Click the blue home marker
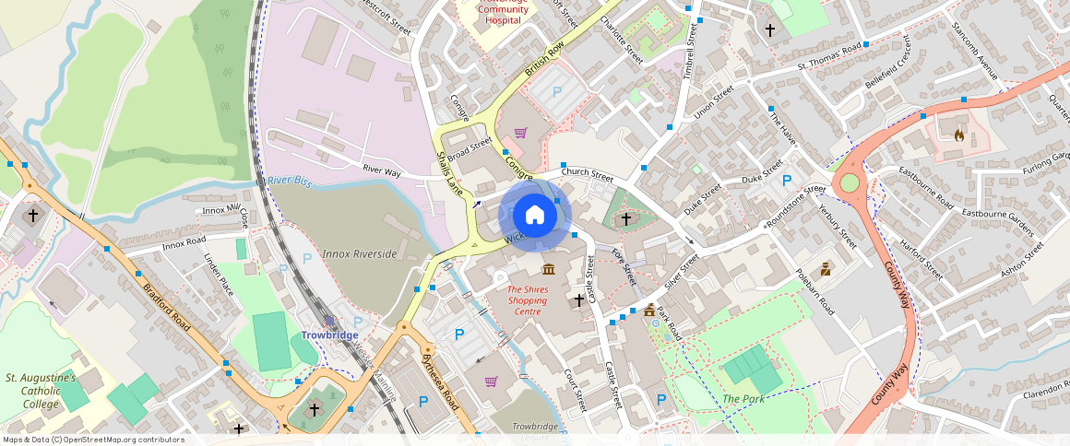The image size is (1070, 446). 535,216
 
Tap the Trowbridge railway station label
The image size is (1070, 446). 329,334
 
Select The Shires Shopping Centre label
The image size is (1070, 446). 528,300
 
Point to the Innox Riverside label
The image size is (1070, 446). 359,253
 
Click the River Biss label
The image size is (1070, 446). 290,181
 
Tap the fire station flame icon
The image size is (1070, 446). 958,135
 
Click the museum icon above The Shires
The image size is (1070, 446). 549,269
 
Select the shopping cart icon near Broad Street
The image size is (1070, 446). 520,133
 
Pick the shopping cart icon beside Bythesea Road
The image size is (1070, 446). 491,381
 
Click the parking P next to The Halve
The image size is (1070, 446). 787,181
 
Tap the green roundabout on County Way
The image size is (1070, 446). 849,183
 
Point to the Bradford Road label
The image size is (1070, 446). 167,307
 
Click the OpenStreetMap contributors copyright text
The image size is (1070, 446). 93,440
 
